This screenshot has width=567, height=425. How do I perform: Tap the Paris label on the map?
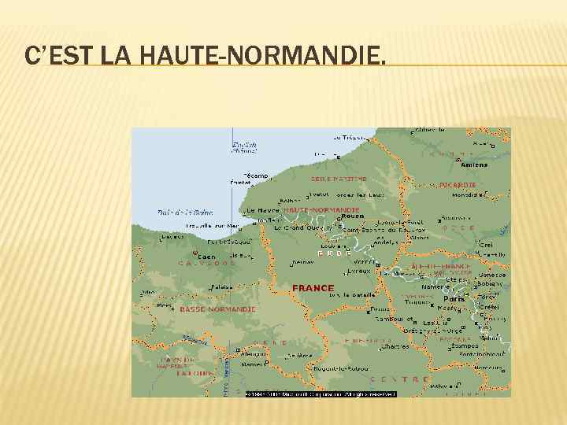point(454,299)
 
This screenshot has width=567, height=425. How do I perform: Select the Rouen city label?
point(352,216)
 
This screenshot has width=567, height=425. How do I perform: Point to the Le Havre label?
point(262,211)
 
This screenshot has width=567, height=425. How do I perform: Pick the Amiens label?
point(475,165)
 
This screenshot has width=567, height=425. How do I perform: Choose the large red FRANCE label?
point(313,288)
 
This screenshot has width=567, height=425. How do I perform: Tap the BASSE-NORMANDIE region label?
point(218,309)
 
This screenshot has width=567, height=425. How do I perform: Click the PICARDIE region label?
point(458,185)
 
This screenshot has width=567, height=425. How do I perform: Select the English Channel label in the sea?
point(244,147)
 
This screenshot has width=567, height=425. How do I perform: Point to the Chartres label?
point(395,347)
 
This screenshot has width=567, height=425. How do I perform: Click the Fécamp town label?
point(256,176)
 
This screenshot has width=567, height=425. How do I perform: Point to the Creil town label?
point(486,246)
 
